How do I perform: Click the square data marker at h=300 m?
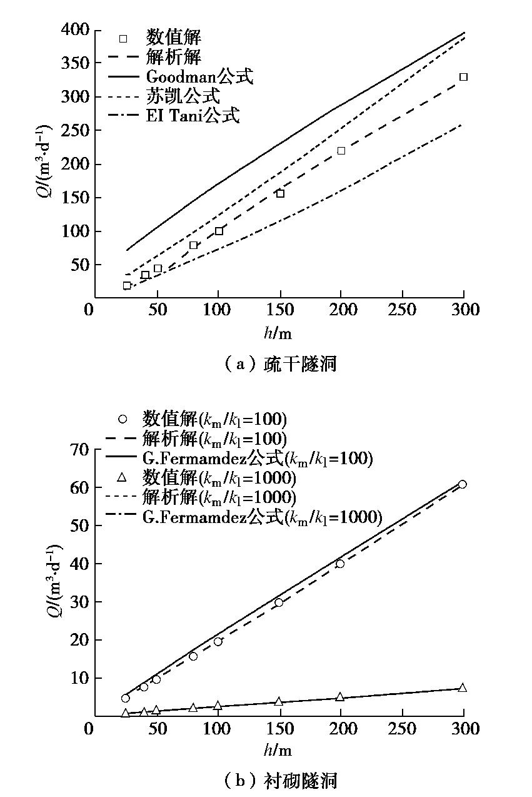[x=463, y=77]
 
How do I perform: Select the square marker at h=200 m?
[x=341, y=151]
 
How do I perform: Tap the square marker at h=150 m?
[x=280, y=193]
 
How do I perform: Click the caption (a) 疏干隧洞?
[x=279, y=364]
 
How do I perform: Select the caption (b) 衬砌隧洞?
[x=279, y=780]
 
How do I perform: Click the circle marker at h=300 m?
[x=462, y=484]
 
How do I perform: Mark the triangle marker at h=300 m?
[x=462, y=688]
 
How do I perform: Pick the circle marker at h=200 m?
[x=340, y=564]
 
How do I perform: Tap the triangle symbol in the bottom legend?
[x=123, y=478]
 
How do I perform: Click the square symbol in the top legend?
[x=123, y=39]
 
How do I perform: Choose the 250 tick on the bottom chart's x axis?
[x=401, y=729]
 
